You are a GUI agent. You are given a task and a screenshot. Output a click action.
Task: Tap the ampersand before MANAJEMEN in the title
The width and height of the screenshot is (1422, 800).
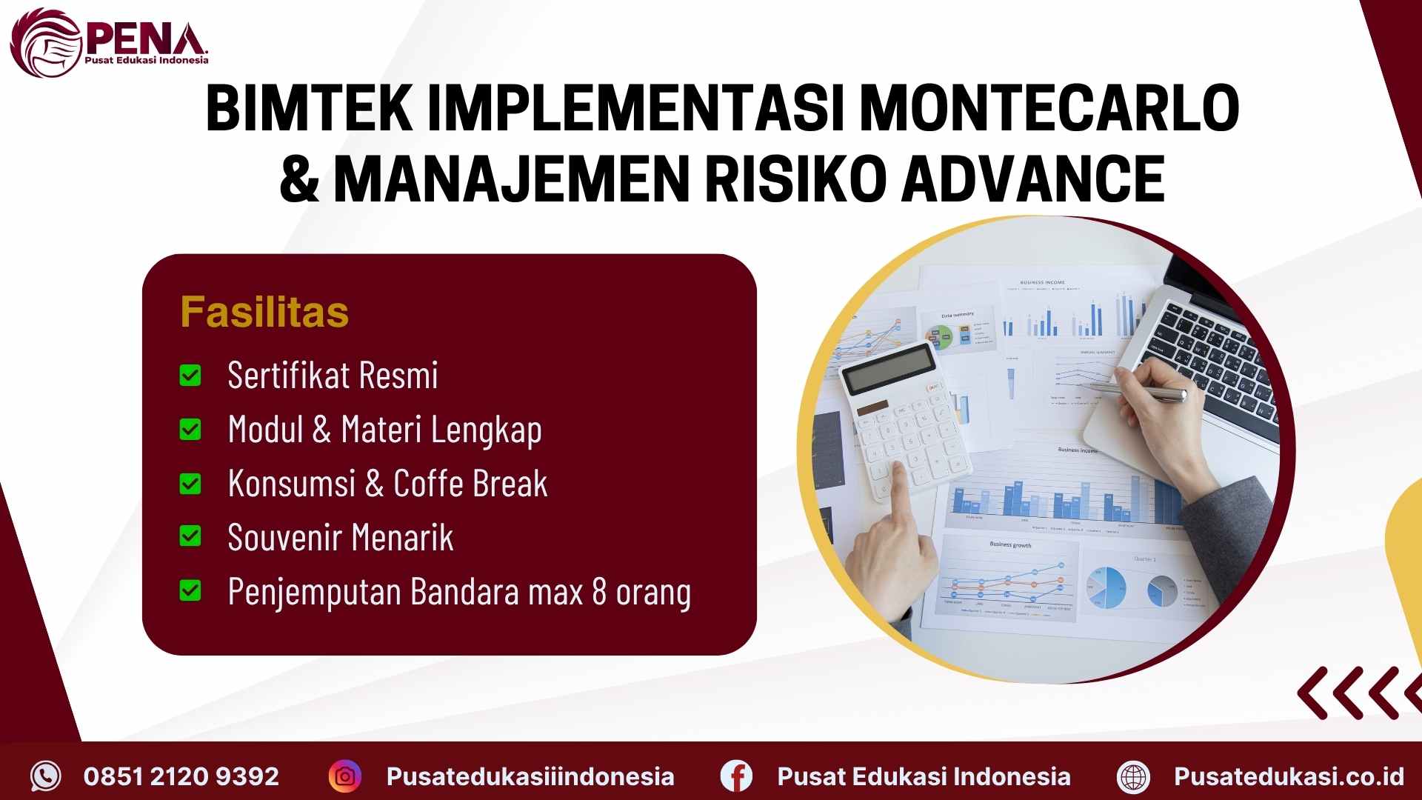point(299,179)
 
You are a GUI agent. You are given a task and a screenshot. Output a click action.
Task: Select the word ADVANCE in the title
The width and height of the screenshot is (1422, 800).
point(1033,179)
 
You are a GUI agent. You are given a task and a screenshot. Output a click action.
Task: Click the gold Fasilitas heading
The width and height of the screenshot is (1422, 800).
point(264,312)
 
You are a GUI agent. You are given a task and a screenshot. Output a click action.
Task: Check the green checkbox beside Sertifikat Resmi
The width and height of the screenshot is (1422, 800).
point(190,376)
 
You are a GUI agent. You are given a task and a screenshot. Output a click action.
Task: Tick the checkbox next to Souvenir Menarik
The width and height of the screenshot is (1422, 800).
point(190,536)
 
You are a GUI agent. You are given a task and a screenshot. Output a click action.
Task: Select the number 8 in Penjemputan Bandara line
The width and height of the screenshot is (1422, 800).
point(599,592)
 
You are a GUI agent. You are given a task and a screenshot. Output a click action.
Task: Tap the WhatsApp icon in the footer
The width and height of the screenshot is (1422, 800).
point(46,776)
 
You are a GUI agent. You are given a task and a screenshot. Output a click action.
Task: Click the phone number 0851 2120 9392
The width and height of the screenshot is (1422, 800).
point(181,776)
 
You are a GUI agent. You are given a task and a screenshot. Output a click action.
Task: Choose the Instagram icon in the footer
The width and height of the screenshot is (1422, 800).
point(345,776)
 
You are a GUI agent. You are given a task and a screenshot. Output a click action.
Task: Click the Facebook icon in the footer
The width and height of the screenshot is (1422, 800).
point(736,776)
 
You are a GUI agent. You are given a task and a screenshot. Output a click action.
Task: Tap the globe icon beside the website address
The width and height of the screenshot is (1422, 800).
point(1133,776)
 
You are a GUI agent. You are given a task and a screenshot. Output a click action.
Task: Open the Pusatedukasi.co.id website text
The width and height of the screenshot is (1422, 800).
point(1289,776)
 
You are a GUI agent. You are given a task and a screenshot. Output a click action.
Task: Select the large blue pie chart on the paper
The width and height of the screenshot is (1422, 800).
point(1106,588)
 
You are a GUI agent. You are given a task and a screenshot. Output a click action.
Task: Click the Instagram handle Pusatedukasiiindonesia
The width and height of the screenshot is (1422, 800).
point(530,776)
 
